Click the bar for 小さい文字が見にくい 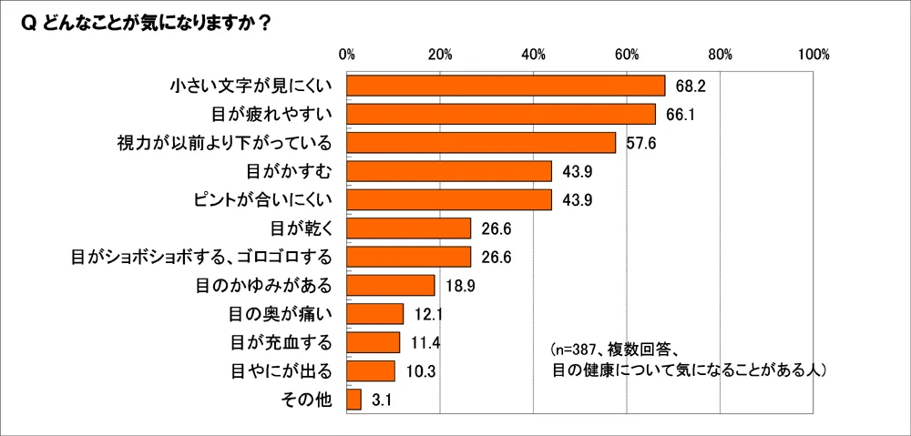click(506, 86)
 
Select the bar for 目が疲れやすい click(501, 114)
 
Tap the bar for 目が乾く click(408, 228)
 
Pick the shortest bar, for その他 click(353, 400)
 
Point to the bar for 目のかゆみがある click(390, 285)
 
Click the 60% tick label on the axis click(626, 54)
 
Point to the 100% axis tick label click(813, 54)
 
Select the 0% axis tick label click(346, 54)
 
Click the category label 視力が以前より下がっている click(224, 143)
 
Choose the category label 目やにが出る click(280, 370)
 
